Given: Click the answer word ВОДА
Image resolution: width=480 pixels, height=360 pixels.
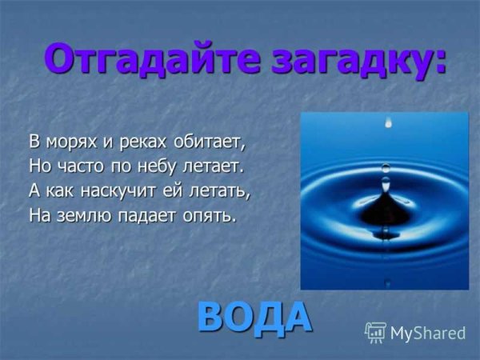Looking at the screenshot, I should coord(254,317).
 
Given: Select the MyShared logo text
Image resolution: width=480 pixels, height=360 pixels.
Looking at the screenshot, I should coord(428,333).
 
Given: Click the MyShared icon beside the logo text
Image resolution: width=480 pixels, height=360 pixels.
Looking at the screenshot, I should coord(375,333).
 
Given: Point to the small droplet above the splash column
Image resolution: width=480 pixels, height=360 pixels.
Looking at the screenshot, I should coord(386,168).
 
